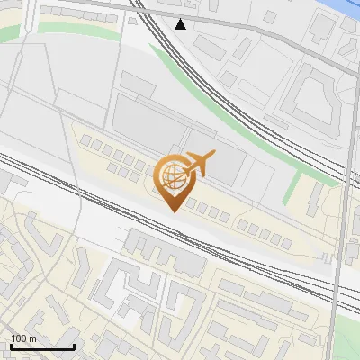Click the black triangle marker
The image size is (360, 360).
(x=181, y=24)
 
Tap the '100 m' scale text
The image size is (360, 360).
(x=24, y=338)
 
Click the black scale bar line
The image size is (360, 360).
(x=42, y=346)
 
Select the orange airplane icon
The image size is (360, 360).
(x=199, y=165)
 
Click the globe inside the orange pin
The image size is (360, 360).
(x=172, y=177)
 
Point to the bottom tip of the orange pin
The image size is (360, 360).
(x=172, y=212)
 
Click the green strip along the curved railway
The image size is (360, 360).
(x=225, y=108)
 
